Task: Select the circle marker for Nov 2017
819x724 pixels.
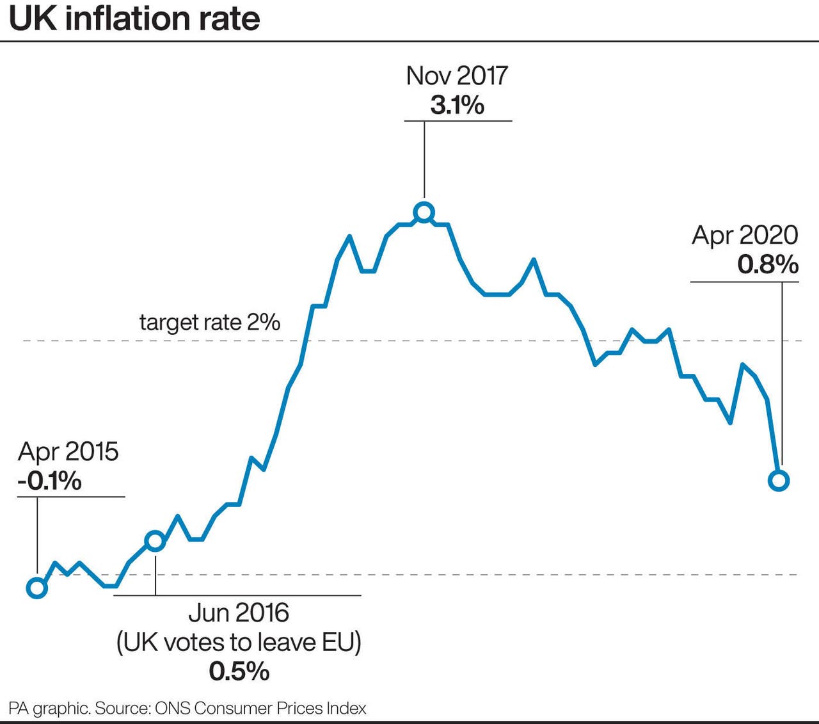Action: [424, 213]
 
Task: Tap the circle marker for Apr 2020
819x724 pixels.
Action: [779, 480]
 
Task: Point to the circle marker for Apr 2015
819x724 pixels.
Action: [37, 587]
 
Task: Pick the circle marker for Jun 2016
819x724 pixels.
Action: [155, 542]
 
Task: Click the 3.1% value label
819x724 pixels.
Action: [457, 105]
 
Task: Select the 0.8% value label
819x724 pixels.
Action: [767, 264]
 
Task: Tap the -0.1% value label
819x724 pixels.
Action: [49, 480]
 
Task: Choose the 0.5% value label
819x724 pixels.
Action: [239, 671]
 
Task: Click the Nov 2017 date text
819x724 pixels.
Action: [457, 76]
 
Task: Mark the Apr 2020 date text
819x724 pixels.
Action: [745, 235]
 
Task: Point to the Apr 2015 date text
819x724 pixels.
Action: [68, 451]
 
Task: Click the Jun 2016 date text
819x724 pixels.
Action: [239, 613]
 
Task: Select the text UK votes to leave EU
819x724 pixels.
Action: [239, 641]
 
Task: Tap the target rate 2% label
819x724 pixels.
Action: [210, 322]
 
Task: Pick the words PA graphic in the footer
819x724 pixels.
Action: [49, 709]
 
